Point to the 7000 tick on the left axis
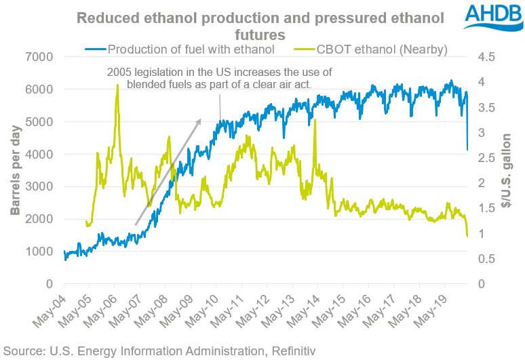(42, 57)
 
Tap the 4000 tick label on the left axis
(42, 155)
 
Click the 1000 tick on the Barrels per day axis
(42, 252)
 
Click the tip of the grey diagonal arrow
(201, 120)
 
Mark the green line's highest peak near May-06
(117, 85)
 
